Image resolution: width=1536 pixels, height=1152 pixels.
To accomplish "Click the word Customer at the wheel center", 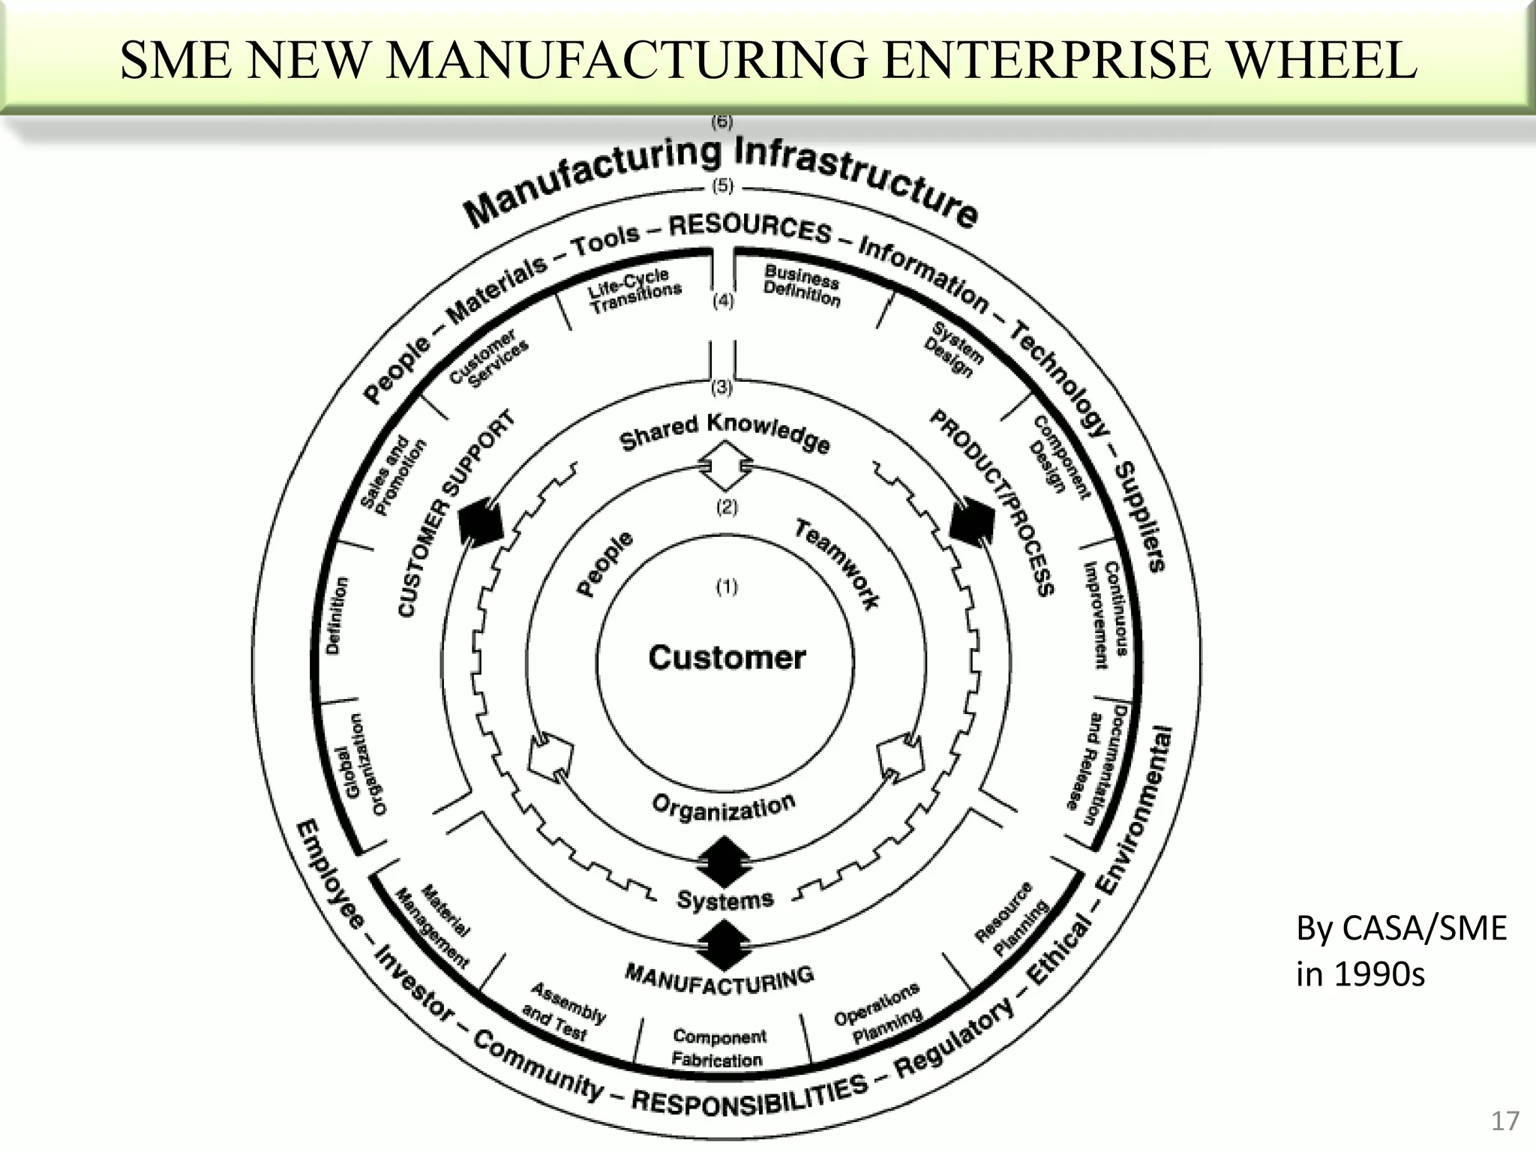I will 726,658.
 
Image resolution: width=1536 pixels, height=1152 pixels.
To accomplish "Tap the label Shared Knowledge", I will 724,433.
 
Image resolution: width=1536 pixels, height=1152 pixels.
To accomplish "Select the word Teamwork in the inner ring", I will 836,564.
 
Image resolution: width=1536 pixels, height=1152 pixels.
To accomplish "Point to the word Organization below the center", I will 724,808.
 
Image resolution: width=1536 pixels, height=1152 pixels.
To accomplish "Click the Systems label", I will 724,898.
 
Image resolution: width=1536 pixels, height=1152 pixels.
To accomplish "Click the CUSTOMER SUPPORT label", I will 455,513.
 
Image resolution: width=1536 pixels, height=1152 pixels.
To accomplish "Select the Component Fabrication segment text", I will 718,1048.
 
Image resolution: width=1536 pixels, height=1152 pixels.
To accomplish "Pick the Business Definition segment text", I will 802,286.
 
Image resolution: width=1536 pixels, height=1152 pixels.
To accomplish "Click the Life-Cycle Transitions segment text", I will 634,289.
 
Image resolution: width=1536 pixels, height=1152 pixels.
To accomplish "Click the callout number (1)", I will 726,586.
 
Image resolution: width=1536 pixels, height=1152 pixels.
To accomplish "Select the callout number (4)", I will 723,301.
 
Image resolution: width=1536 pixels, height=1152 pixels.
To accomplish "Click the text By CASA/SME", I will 1400,928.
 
